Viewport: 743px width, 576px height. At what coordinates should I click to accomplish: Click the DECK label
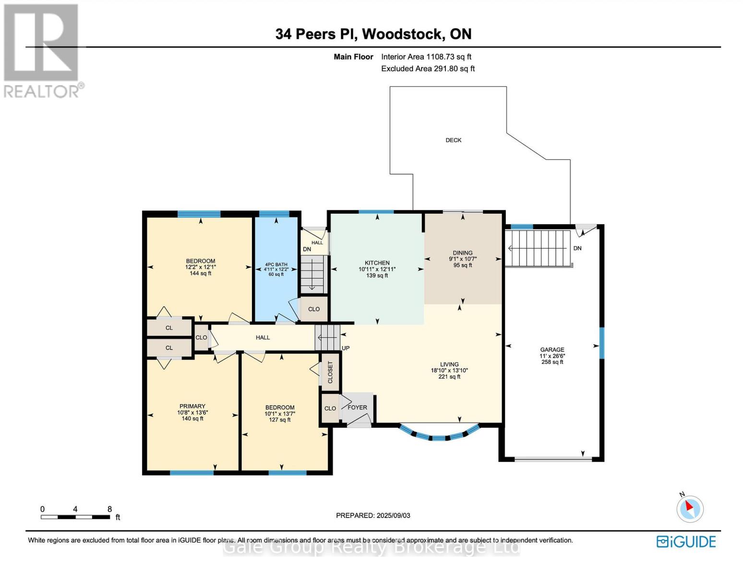[453, 140]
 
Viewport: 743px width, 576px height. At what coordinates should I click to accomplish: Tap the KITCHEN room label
[377, 263]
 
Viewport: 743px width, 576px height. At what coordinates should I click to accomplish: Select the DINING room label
[463, 253]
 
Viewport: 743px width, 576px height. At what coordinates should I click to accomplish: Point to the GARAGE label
[552, 349]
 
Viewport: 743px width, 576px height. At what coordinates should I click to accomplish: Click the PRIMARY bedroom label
[192, 406]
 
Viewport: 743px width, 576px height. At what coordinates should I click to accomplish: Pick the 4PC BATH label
[276, 264]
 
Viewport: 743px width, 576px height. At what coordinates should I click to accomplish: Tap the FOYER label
[357, 408]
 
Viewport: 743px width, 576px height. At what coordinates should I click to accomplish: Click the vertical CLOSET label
[330, 372]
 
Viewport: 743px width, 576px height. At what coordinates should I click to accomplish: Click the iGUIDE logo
[686, 542]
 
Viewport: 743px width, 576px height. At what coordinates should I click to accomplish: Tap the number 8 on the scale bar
[109, 509]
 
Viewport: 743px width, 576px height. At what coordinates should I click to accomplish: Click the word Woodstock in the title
[402, 34]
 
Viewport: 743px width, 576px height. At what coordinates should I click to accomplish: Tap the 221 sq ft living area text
[449, 377]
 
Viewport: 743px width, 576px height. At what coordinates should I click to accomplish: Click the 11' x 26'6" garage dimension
[552, 356]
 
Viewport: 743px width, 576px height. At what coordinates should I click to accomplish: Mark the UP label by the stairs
[346, 348]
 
